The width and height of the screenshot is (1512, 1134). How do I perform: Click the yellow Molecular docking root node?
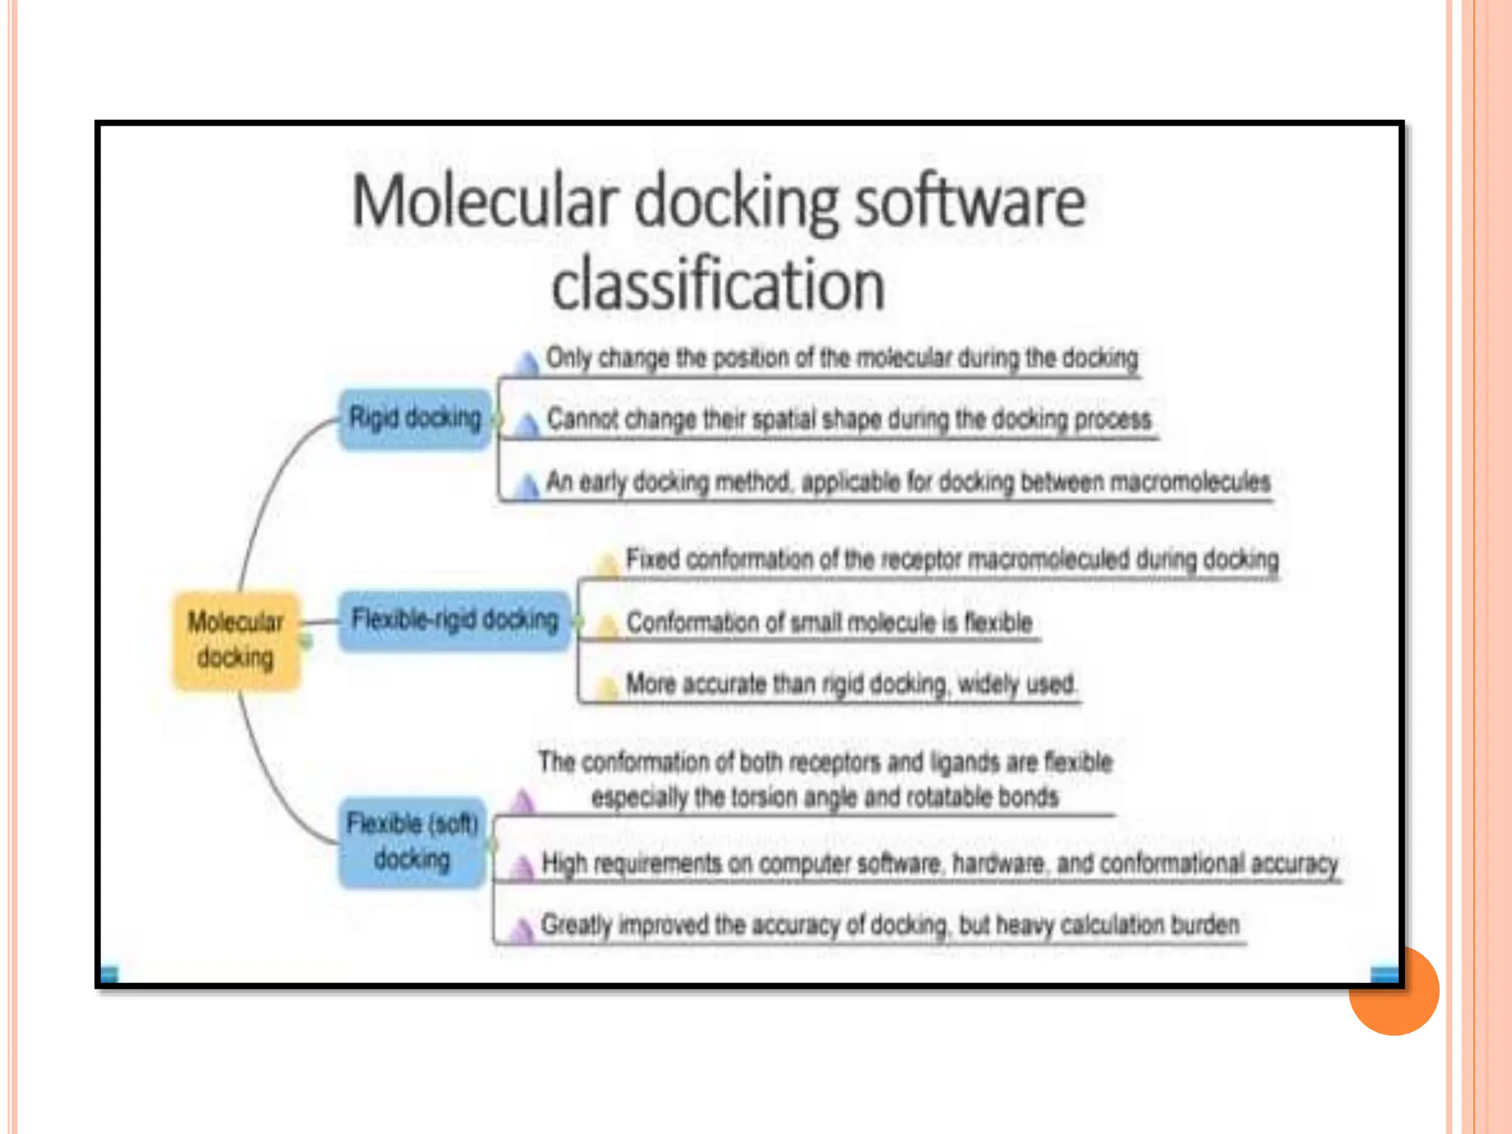pos(236,640)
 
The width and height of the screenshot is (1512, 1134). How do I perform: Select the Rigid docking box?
pos(415,419)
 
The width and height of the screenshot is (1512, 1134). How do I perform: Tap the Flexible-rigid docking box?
pos(455,620)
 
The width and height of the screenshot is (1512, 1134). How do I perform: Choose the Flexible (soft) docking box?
pos(412,842)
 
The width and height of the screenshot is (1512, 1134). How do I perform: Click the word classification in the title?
pos(718,285)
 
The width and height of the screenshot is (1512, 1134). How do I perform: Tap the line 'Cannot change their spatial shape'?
pos(848,419)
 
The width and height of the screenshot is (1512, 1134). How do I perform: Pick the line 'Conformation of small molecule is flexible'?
pos(828,622)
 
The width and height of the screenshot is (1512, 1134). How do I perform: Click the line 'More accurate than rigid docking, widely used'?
pos(850,684)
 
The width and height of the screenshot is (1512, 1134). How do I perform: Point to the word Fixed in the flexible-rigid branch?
pos(652,559)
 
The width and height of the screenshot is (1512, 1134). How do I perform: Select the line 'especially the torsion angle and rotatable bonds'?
pos(825,797)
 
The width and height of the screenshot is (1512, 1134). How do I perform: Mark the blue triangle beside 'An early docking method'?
pos(527,487)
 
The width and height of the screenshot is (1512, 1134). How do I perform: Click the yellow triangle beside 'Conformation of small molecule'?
pos(607,626)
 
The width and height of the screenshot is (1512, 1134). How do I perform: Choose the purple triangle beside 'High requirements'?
pos(523,867)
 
